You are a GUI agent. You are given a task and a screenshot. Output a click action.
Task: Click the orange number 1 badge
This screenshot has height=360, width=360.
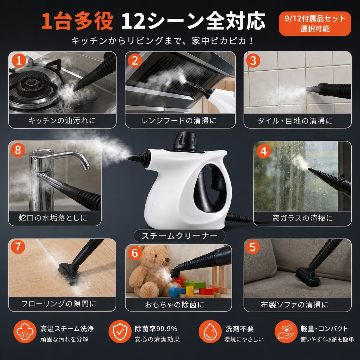pos(19,61)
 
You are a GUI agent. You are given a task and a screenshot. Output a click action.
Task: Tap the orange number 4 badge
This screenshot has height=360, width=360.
pos(264,151)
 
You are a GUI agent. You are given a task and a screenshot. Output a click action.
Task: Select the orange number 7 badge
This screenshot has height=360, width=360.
pos(18,247)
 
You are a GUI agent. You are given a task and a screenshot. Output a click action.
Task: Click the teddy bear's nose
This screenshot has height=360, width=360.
pos(167,260)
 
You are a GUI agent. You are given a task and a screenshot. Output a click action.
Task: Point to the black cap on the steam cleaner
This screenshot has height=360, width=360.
pos(185,140)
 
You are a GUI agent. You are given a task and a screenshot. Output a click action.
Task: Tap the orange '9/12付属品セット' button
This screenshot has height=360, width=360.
pos(315,24)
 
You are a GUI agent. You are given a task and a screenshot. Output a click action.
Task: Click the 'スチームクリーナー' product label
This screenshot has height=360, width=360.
pos(179,236)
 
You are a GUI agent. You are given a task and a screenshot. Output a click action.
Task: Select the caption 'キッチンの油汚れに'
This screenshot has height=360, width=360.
pos(62,121)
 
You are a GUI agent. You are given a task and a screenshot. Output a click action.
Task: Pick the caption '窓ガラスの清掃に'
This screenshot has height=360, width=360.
pos(303,218)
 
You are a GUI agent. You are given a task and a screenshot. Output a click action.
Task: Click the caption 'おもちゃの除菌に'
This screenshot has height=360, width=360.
pos(175,305)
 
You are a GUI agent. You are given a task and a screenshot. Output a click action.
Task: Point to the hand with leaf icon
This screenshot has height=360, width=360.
pos(286,334)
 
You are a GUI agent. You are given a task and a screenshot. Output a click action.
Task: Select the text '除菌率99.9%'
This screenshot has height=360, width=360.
pos(156,329)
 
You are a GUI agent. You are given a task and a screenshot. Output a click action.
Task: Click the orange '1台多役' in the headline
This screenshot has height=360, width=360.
pos(77,22)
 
